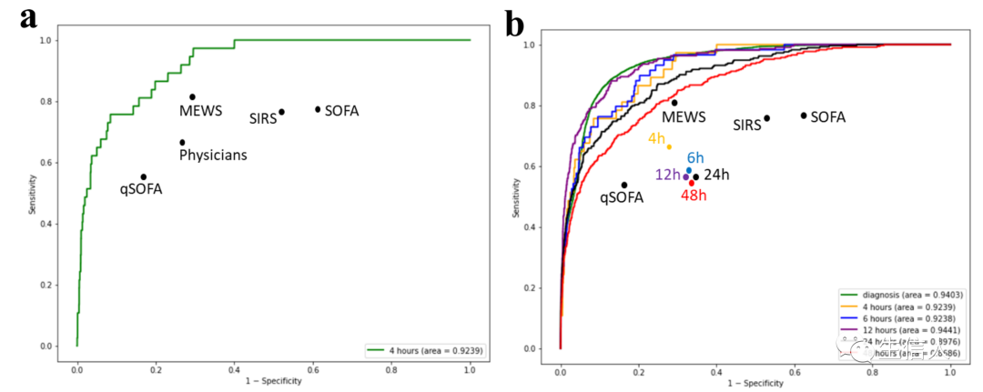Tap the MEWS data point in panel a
[x=192, y=97]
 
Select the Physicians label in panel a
[x=213, y=156]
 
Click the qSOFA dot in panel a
[x=143, y=176]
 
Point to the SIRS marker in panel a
[x=281, y=112]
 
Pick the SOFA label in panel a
[x=341, y=111]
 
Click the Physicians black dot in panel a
[x=182, y=142]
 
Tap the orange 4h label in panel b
[x=657, y=138]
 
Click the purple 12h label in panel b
[x=667, y=175]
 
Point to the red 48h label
[x=694, y=195]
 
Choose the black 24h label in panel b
[x=717, y=175]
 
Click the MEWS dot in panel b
[x=674, y=103]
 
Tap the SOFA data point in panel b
[x=804, y=116]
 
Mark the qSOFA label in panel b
[x=622, y=198]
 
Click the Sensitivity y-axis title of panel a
[x=32, y=194]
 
